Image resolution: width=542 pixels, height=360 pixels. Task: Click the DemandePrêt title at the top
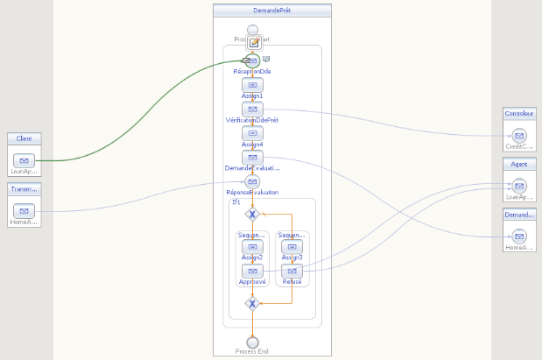(x=272, y=11)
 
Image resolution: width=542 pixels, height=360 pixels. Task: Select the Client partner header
(x=24, y=138)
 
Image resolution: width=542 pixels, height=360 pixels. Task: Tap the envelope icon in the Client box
(x=24, y=160)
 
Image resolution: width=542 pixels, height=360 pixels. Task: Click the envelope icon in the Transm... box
(x=24, y=210)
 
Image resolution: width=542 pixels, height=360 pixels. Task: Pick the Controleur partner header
(x=519, y=114)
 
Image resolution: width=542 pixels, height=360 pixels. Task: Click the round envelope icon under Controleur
(x=519, y=136)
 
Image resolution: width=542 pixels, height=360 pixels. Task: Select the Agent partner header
(x=519, y=164)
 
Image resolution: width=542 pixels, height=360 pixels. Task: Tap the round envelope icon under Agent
(x=519, y=186)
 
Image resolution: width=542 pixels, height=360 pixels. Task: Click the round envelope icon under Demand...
(x=519, y=236)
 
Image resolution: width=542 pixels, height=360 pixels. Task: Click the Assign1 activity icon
(x=252, y=84)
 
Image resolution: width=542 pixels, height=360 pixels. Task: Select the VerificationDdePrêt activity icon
(x=252, y=109)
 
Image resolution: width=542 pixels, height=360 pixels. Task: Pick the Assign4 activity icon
(x=252, y=133)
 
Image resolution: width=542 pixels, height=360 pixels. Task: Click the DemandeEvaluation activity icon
(x=252, y=157)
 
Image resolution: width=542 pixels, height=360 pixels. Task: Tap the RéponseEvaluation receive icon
(x=252, y=181)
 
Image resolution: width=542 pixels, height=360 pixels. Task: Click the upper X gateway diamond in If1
(x=252, y=214)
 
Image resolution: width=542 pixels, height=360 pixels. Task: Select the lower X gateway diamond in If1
(x=252, y=304)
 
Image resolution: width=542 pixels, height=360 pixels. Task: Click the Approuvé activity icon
(x=252, y=272)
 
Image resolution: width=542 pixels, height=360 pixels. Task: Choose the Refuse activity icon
(x=292, y=272)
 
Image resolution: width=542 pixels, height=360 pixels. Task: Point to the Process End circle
(x=252, y=342)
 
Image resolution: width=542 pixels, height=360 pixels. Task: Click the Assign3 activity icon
(x=292, y=247)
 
